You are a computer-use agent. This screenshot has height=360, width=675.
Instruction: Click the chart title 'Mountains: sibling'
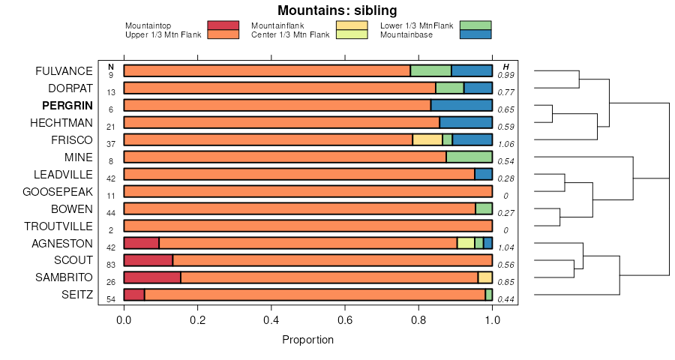click(337, 10)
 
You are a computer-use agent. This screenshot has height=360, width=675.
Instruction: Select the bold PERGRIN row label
click(67, 106)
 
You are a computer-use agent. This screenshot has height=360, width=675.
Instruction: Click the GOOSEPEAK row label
click(58, 192)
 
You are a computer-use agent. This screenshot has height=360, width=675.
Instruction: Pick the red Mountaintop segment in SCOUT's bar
click(148, 260)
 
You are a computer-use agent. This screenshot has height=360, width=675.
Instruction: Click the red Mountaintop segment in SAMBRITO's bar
click(152, 277)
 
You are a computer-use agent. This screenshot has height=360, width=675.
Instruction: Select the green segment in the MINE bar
click(469, 157)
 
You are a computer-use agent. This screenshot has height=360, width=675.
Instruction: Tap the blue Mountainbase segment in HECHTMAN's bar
click(466, 123)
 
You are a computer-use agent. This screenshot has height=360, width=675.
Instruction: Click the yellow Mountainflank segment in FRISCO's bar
click(427, 140)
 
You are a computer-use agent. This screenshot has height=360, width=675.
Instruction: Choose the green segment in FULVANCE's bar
click(430, 71)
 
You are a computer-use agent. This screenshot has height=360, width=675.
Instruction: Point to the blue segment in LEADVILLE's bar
click(484, 175)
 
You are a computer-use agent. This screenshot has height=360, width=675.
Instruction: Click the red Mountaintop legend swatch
click(223, 25)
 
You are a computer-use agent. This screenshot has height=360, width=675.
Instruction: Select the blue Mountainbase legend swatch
click(475, 34)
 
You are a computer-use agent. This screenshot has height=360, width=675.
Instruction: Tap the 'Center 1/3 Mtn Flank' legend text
click(290, 34)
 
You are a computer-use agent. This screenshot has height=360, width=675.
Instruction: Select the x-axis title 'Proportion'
click(307, 340)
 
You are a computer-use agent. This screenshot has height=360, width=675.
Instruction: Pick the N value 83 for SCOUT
click(110, 265)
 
